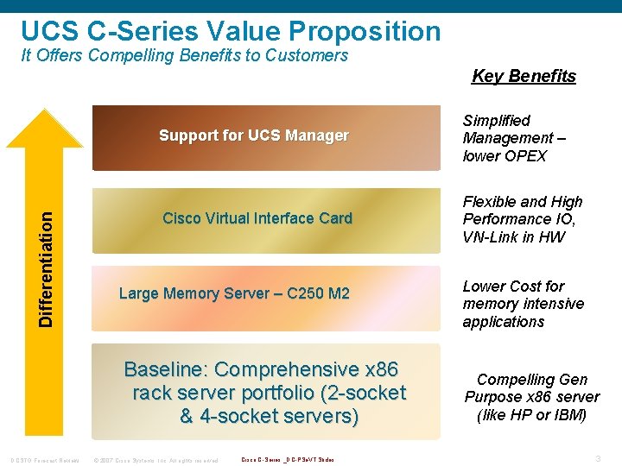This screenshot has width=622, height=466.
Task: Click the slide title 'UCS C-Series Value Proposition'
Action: point(231,31)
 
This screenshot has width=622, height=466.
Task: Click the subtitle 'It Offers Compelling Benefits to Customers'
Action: point(184,56)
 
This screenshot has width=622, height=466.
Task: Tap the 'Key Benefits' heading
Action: point(524,76)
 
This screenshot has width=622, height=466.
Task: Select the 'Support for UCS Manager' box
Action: point(254,136)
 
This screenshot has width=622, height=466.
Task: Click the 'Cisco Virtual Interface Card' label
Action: point(257,218)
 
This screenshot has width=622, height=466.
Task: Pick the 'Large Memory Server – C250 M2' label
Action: point(234,293)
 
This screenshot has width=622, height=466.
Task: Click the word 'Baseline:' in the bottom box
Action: point(166,370)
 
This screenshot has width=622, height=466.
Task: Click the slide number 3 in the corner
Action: point(599,458)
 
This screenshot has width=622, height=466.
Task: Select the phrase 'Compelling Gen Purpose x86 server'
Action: point(531,388)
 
